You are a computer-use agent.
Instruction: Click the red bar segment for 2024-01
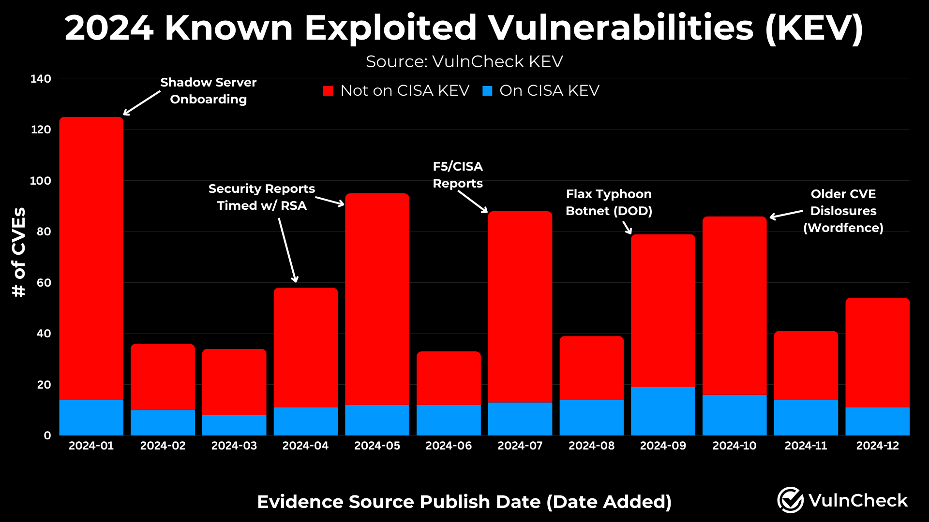click(x=91, y=259)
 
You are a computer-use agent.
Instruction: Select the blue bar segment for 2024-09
click(x=663, y=411)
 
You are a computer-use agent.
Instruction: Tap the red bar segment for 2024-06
click(x=449, y=378)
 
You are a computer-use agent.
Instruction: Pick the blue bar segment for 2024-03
click(x=234, y=425)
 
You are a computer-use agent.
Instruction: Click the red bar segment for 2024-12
click(x=877, y=353)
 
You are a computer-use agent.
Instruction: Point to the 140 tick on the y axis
click(x=41, y=79)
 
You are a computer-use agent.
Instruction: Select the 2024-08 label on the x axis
click(x=591, y=446)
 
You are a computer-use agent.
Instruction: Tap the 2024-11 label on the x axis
click(x=806, y=446)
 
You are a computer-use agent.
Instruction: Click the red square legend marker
click(x=328, y=91)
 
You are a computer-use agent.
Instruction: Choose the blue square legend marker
click(x=487, y=91)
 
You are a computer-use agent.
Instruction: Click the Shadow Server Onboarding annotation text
click(x=209, y=91)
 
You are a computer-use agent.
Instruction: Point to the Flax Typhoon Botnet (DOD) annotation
click(x=609, y=203)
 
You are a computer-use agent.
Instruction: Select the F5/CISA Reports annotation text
click(x=458, y=175)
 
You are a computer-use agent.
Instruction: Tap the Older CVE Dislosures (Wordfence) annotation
click(x=843, y=211)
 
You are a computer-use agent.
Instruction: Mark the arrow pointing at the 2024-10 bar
click(x=786, y=214)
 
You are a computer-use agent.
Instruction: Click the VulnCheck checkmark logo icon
click(x=790, y=500)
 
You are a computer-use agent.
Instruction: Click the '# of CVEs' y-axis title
click(x=19, y=252)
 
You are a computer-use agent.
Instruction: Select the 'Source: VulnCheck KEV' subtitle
click(x=464, y=62)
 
